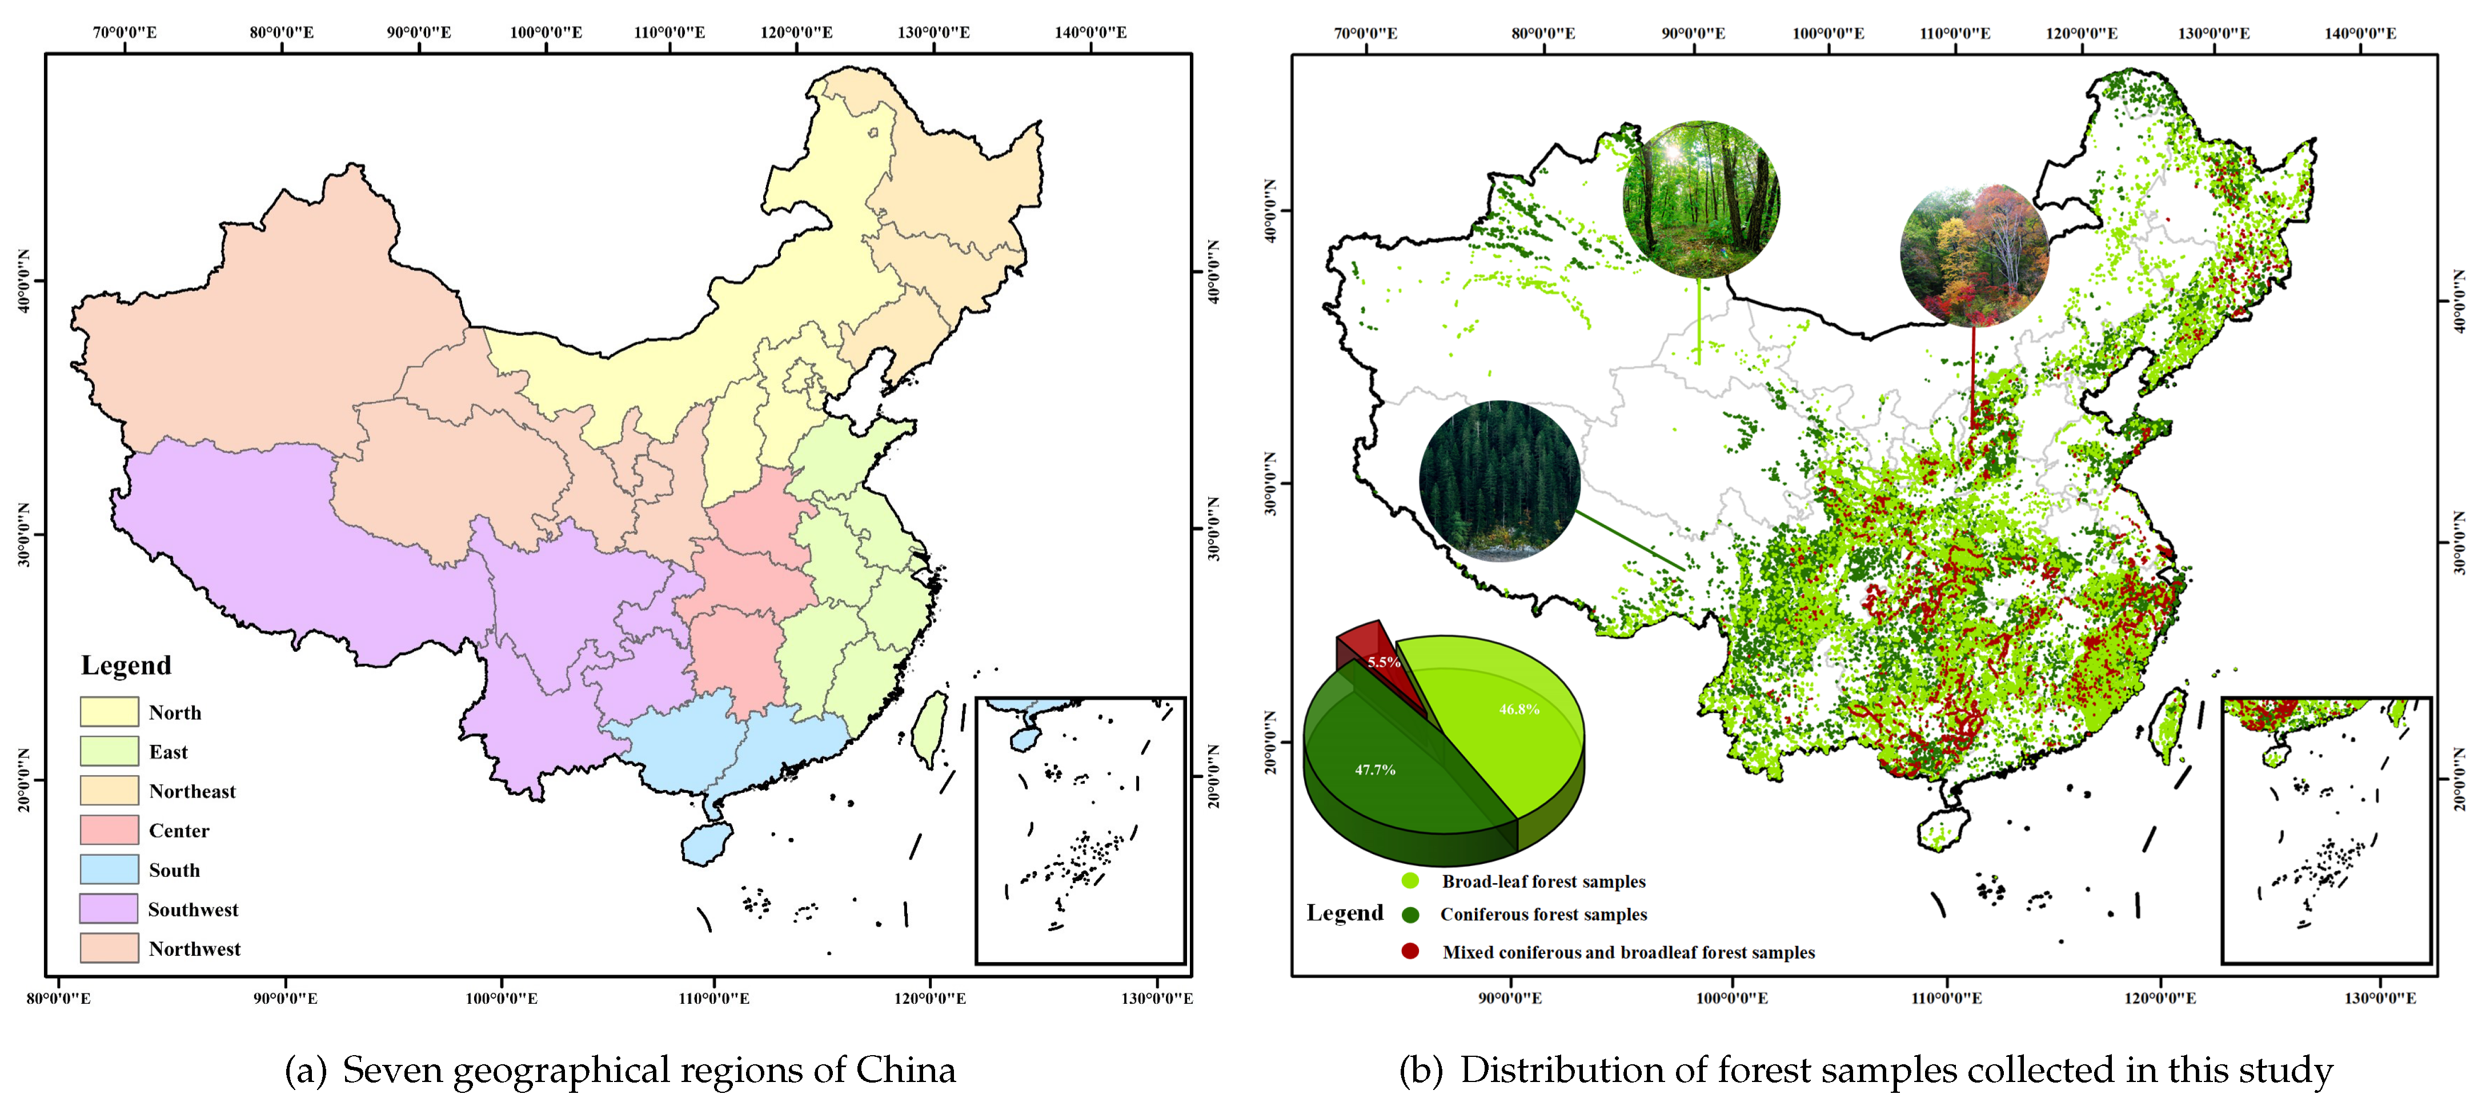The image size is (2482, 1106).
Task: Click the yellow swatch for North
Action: [x=109, y=712]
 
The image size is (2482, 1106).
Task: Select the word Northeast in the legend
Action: [x=192, y=791]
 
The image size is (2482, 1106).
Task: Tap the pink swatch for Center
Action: [x=109, y=829]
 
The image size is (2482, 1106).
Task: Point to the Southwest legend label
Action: [x=193, y=909]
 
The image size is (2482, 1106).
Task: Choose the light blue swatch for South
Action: [x=109, y=869]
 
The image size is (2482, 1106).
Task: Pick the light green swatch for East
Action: [x=109, y=751]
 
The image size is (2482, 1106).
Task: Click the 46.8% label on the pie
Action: [x=1518, y=709]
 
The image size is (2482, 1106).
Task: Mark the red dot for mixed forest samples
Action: [x=1410, y=951]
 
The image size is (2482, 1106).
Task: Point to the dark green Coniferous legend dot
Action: [x=1410, y=914]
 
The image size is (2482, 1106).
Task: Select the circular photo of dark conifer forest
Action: [x=1499, y=481]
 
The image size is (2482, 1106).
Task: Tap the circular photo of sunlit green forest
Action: [x=1701, y=199]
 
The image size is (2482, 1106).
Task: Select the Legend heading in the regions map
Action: [x=126, y=666]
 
